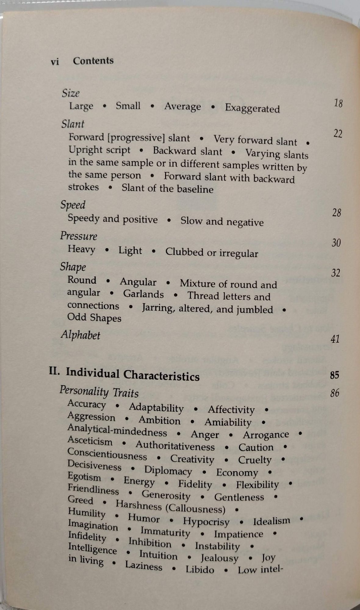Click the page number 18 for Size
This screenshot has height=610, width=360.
[338, 103]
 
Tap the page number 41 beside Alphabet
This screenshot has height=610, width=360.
[335, 339]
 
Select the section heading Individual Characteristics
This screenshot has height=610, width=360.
[133, 374]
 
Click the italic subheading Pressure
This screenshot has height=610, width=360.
[79, 236]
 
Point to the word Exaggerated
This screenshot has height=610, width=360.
[252, 109]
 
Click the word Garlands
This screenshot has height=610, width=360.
[143, 294]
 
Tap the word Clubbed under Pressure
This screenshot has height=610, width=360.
[184, 252]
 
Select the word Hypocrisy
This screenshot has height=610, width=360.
[206, 522]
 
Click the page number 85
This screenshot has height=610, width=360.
[334, 375]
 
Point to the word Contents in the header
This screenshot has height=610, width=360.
[93, 61]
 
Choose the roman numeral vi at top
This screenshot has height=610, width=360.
[55, 62]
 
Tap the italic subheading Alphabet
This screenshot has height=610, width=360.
[81, 335]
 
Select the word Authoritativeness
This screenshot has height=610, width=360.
[175, 446]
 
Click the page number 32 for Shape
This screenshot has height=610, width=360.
[336, 272]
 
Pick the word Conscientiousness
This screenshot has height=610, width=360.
[107, 454]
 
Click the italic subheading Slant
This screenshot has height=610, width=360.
[73, 124]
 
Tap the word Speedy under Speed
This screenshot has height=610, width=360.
[83, 218]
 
